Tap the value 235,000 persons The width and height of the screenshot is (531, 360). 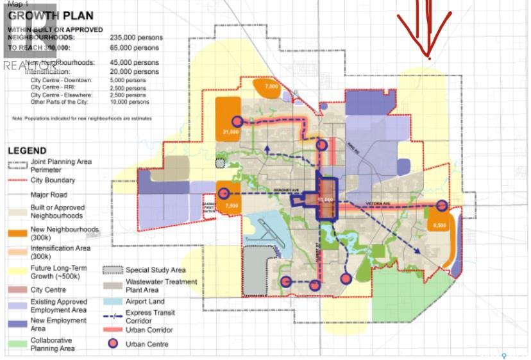pos(137,38)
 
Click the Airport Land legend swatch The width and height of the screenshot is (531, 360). pos(113,302)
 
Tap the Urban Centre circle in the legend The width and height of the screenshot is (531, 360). pos(113,344)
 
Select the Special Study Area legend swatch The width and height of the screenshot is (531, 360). pos(113,270)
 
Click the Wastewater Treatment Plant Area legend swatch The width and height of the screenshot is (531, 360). pos(113,285)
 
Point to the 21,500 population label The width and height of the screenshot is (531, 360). pos(231,132)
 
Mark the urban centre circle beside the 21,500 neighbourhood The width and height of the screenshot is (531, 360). pos(238,121)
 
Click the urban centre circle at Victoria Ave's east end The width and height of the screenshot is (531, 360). pos(442,206)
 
